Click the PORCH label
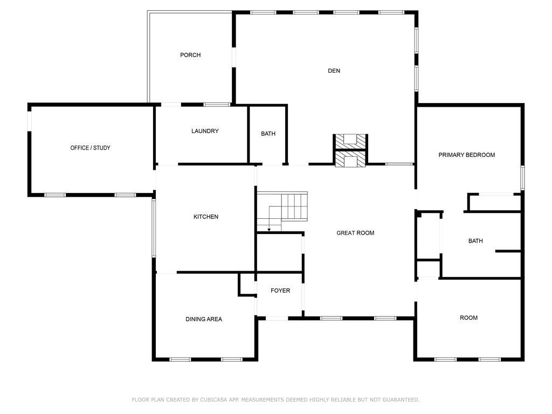pyautogui.click(x=190, y=55)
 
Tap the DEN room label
pyautogui.click(x=334, y=71)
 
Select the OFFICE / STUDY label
pyautogui.click(x=90, y=148)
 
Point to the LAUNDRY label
pyautogui.click(x=205, y=131)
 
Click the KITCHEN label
pyautogui.click(x=206, y=217)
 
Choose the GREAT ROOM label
pyautogui.click(x=355, y=233)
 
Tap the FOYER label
pyautogui.click(x=280, y=291)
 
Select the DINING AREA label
pyautogui.click(x=204, y=319)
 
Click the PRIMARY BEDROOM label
pyautogui.click(x=466, y=155)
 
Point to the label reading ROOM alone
pyautogui.click(x=468, y=318)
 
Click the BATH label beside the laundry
pyautogui.click(x=268, y=134)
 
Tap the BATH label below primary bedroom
pyautogui.click(x=475, y=241)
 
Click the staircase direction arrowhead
pyautogui.click(x=269, y=230)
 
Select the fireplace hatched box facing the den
pyautogui.click(x=350, y=142)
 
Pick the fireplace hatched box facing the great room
pyautogui.click(x=350, y=158)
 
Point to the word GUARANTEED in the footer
pyautogui.click(x=401, y=399)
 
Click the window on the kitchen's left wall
pyautogui.click(x=154, y=228)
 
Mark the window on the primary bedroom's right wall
pyautogui.click(x=522, y=178)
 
